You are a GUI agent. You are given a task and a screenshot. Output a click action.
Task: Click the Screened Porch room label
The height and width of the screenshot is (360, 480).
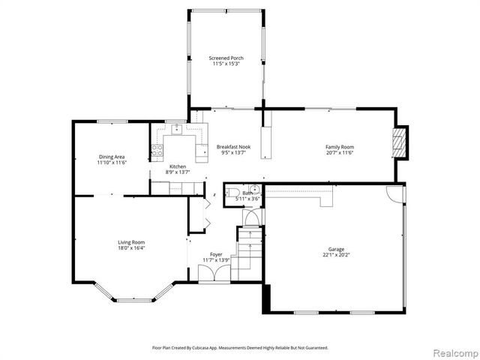point(224,58)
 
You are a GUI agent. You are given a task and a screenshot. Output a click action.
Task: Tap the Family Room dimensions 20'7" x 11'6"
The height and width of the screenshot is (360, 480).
point(339,153)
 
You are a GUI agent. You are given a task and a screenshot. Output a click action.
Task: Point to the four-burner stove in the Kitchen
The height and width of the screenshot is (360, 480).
point(157,151)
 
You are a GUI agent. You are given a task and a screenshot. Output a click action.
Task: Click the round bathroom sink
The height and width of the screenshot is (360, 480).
point(254,190)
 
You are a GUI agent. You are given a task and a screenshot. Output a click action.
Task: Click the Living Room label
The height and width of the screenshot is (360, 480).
point(131,242)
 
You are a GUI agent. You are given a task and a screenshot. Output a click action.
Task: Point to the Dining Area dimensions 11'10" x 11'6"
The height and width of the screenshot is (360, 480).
point(112,163)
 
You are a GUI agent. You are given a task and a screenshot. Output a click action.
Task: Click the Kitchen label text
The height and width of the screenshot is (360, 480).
point(178,166)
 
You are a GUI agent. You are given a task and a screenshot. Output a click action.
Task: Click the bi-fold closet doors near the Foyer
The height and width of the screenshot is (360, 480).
point(197,214)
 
